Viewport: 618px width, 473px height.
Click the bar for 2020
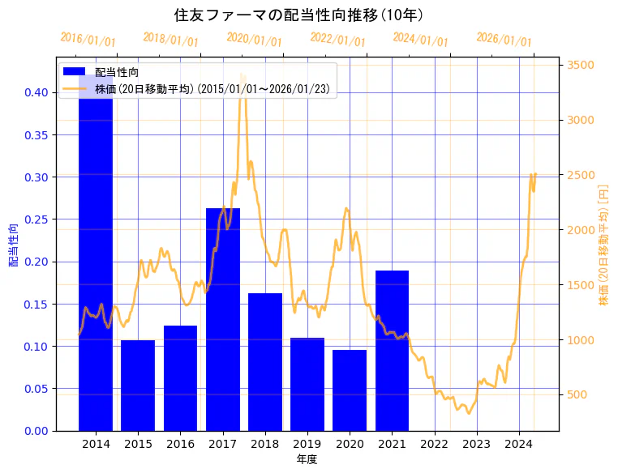[x=350, y=390]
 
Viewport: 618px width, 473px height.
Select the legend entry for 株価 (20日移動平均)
[x=212, y=89]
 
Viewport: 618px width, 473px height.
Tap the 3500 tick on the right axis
[x=581, y=66]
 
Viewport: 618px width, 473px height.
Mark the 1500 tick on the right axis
[x=581, y=285]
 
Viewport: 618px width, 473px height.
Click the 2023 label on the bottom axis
[x=476, y=444]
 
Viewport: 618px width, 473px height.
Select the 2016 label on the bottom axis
[x=180, y=444]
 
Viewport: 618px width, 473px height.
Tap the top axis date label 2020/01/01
[x=255, y=39]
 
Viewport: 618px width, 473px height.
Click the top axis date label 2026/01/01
[x=504, y=39]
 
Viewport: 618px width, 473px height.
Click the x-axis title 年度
[x=307, y=459]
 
